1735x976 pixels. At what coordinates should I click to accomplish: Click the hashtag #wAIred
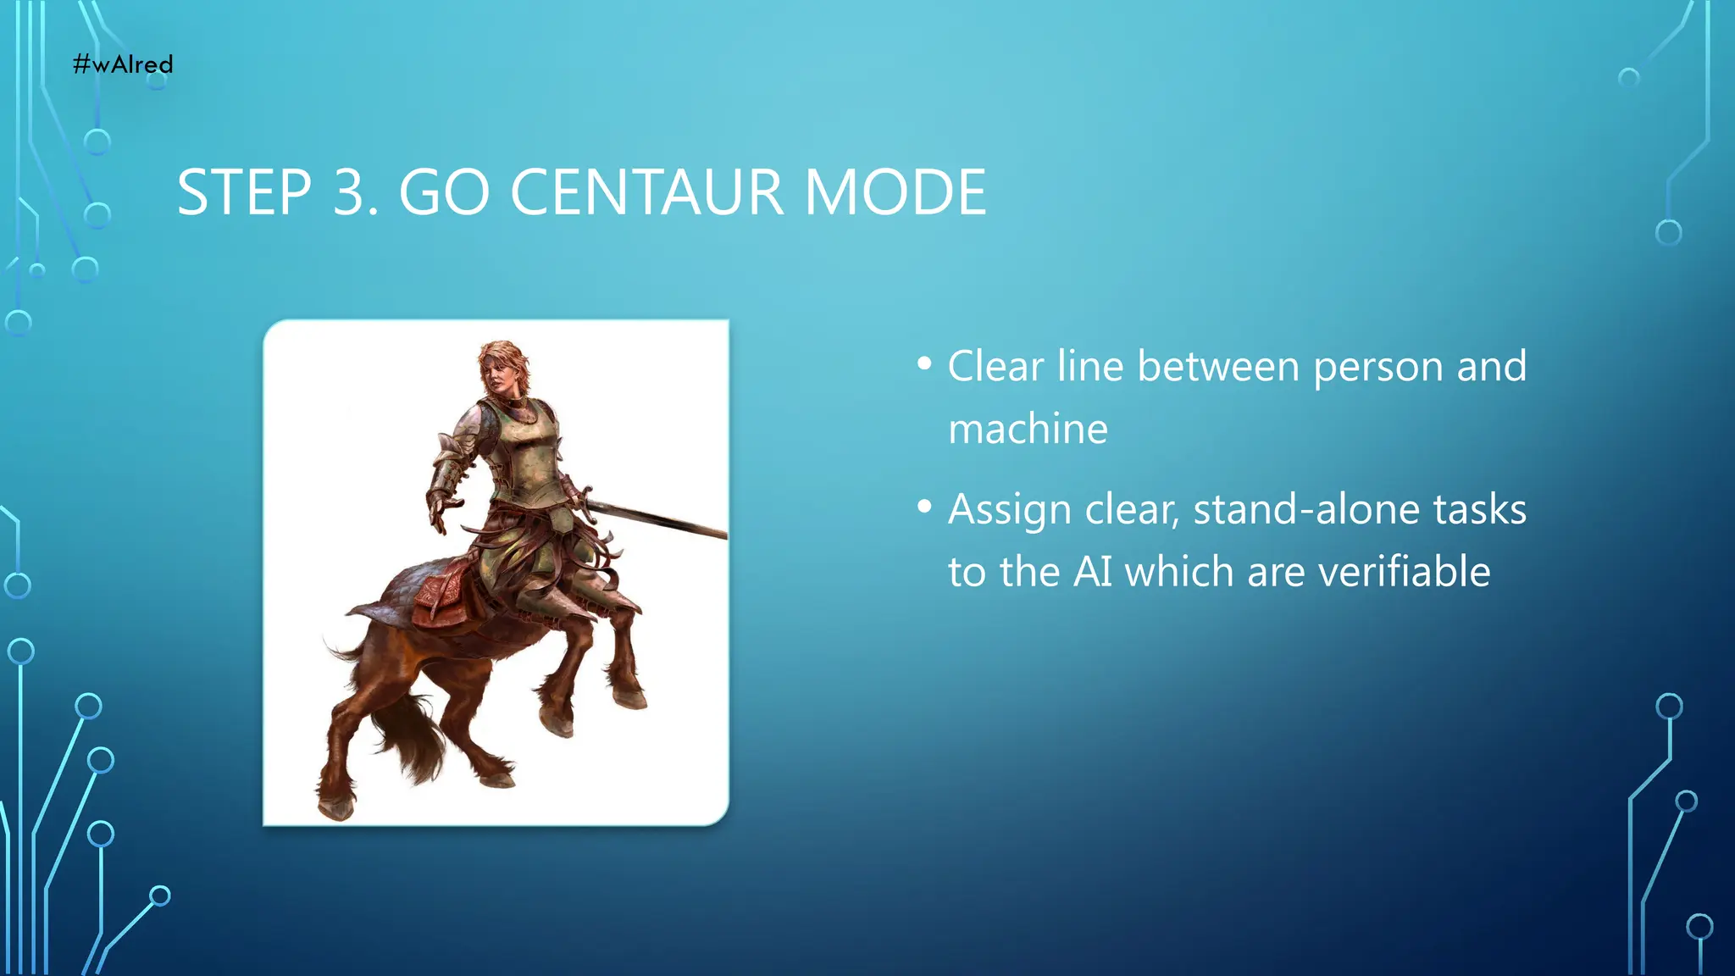click(x=123, y=64)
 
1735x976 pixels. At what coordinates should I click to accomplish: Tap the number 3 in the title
click(x=349, y=193)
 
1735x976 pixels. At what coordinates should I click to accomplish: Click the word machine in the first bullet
click(x=1028, y=430)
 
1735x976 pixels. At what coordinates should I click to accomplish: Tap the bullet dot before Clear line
click(x=924, y=364)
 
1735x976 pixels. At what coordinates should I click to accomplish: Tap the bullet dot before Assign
click(x=924, y=507)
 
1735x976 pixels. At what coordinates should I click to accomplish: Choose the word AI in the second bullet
click(x=1093, y=572)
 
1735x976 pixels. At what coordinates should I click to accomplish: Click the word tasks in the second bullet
click(x=1480, y=510)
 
